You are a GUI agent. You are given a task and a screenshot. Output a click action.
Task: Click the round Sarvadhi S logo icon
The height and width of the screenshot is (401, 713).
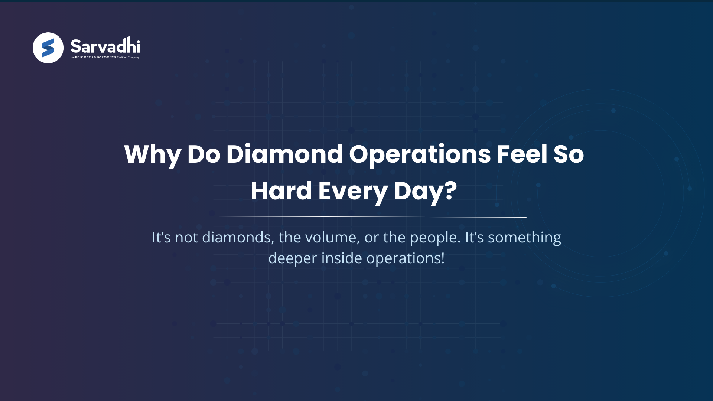pos(48,48)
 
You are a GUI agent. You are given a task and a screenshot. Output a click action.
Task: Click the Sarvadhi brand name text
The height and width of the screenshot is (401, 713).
pos(105,46)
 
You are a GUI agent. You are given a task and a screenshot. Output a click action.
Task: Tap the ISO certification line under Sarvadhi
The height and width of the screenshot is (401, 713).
pos(105,58)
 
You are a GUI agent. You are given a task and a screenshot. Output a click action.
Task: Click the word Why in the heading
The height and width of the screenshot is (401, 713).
pos(152,154)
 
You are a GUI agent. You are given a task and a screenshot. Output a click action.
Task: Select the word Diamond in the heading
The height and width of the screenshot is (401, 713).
pos(284,154)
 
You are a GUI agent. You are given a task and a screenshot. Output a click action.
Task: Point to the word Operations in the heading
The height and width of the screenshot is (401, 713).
pos(420,154)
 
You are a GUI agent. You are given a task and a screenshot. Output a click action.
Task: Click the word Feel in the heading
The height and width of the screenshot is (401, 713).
pos(522,154)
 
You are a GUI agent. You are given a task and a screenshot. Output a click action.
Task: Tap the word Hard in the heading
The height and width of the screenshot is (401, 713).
pos(281,191)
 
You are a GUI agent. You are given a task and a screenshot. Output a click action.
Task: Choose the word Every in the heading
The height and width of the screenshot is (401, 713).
pos(353,192)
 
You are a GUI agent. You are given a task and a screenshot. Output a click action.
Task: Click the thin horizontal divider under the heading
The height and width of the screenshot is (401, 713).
pos(356,216)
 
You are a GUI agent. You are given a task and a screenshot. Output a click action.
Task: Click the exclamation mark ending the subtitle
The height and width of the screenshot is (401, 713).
pos(442,258)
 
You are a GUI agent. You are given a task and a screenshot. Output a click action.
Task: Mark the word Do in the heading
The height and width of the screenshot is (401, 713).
pos(204,154)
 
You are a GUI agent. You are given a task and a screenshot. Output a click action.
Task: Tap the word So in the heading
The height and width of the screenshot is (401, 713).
pos(569,154)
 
